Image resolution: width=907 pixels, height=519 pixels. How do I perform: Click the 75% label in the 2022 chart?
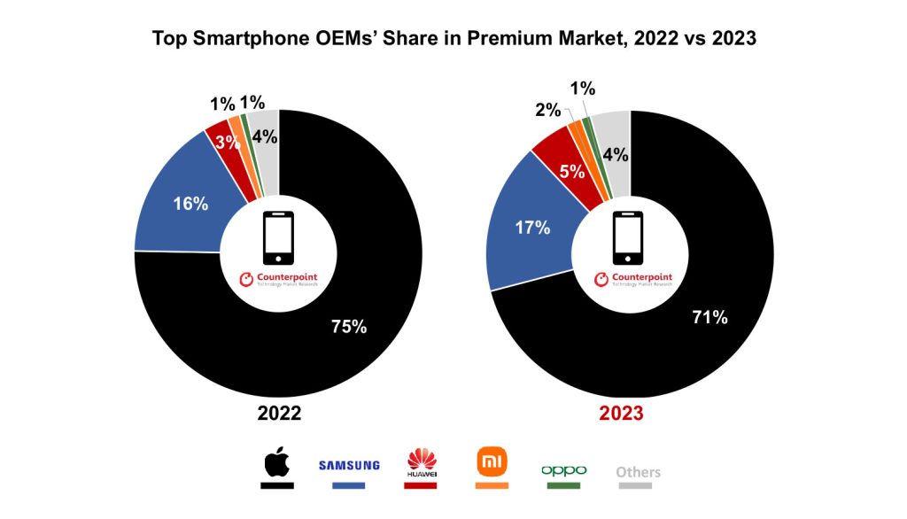tap(349, 326)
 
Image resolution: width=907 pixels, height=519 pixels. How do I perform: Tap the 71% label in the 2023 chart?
tap(709, 316)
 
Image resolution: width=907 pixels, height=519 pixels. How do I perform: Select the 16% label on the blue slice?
tap(190, 204)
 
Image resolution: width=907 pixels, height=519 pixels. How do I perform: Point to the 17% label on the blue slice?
tap(532, 228)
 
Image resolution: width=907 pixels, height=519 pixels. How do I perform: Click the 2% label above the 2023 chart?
tap(547, 110)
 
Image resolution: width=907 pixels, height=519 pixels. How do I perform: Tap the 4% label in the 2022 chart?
tap(264, 136)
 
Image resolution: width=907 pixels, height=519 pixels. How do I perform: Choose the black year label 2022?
tap(279, 414)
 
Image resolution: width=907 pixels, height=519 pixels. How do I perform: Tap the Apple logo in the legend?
tap(276, 463)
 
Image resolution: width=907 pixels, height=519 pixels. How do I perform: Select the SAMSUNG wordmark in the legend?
tap(349, 465)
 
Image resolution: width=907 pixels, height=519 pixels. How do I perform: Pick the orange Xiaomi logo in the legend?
tap(491, 461)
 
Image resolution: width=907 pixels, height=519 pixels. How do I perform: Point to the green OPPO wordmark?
tap(563, 469)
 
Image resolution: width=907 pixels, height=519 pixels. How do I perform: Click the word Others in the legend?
tap(638, 471)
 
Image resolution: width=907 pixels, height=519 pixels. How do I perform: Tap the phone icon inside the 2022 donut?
tap(278, 238)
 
